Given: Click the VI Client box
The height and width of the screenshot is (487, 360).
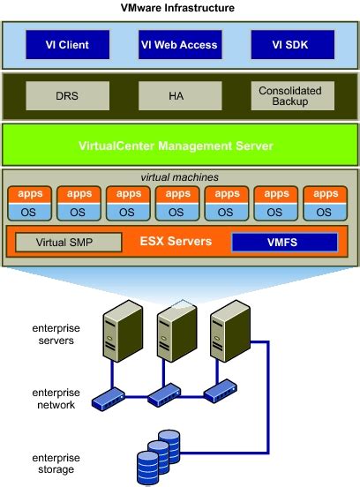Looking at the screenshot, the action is pyautogui.click(x=68, y=45).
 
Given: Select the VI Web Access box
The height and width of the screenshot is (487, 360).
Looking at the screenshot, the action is pyautogui.click(x=180, y=45).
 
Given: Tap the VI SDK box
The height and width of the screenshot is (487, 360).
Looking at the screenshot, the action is pyautogui.click(x=293, y=45).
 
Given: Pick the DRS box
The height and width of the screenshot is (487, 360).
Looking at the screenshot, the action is pyautogui.click(x=68, y=95).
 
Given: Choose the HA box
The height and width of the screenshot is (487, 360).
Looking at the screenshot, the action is pyautogui.click(x=180, y=95).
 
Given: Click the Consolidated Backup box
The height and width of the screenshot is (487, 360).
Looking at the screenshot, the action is pyautogui.click(x=293, y=95).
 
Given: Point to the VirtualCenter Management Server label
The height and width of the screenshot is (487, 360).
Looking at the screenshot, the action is pyautogui.click(x=176, y=146).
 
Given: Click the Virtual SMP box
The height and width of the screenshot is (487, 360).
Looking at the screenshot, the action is pyautogui.click(x=69, y=243).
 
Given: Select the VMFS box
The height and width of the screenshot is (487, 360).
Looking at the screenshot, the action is pyautogui.click(x=284, y=243).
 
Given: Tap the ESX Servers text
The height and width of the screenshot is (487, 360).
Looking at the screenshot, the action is pyautogui.click(x=176, y=242).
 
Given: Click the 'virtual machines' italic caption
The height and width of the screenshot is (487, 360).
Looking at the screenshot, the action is pyautogui.click(x=179, y=177).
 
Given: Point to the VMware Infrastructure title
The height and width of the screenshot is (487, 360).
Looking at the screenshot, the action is pyautogui.click(x=177, y=7).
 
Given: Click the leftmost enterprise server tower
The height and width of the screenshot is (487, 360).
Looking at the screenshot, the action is pyautogui.click(x=123, y=331).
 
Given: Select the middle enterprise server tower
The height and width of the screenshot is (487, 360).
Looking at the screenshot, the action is pyautogui.click(x=176, y=331).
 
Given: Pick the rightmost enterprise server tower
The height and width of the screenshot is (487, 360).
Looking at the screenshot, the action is pyautogui.click(x=230, y=331).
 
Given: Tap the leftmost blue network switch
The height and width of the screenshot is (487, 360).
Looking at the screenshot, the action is pyautogui.click(x=109, y=399).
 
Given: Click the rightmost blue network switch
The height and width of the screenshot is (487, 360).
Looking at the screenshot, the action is pyautogui.click(x=221, y=391).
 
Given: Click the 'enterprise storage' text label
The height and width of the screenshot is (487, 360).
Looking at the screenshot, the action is pyautogui.click(x=56, y=463).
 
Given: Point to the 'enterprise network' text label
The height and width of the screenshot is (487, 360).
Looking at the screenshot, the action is pyautogui.click(x=56, y=399).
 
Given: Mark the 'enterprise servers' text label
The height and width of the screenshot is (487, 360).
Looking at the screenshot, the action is pyautogui.click(x=56, y=334).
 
